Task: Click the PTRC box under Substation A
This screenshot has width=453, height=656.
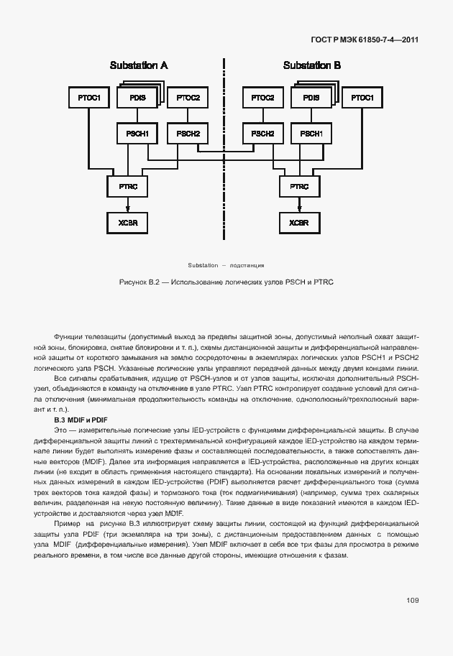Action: coord(127,187)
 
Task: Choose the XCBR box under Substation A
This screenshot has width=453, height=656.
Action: coord(127,223)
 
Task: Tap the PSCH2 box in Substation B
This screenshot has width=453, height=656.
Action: coord(262,134)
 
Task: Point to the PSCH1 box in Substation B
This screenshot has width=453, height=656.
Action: coord(311,134)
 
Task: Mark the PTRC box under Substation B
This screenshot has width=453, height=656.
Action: coord(299,187)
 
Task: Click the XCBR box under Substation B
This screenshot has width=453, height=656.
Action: coord(299,223)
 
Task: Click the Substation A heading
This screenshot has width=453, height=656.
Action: coord(139,65)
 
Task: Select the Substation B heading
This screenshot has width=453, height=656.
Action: coord(312,65)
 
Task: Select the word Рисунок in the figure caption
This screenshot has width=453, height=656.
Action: coord(132,282)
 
